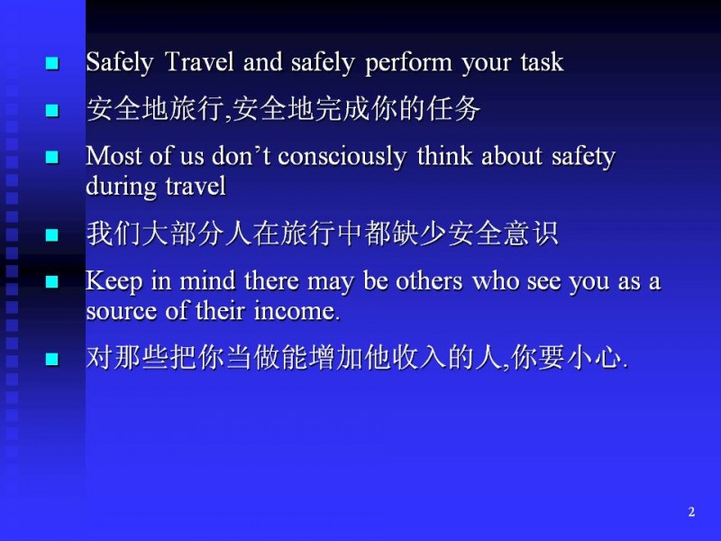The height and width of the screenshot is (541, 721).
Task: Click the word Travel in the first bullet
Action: (199, 61)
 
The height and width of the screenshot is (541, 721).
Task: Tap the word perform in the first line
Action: (409, 63)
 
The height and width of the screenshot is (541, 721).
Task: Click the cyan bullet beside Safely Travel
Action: (52, 63)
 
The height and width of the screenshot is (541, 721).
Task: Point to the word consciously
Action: (342, 157)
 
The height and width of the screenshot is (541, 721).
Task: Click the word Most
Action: (114, 155)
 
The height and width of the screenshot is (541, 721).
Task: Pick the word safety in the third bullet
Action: (583, 157)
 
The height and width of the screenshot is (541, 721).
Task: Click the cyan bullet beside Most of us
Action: (52, 157)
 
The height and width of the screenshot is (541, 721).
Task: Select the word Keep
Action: (114, 281)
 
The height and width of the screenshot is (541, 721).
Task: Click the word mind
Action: (207, 280)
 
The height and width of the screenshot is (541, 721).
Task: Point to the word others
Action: (429, 280)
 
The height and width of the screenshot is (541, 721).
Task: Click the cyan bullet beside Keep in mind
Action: (52, 281)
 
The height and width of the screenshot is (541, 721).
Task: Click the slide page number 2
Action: (691, 512)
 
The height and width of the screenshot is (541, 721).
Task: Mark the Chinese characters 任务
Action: (453, 109)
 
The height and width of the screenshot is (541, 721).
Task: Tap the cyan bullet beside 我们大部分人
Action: (52, 235)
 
